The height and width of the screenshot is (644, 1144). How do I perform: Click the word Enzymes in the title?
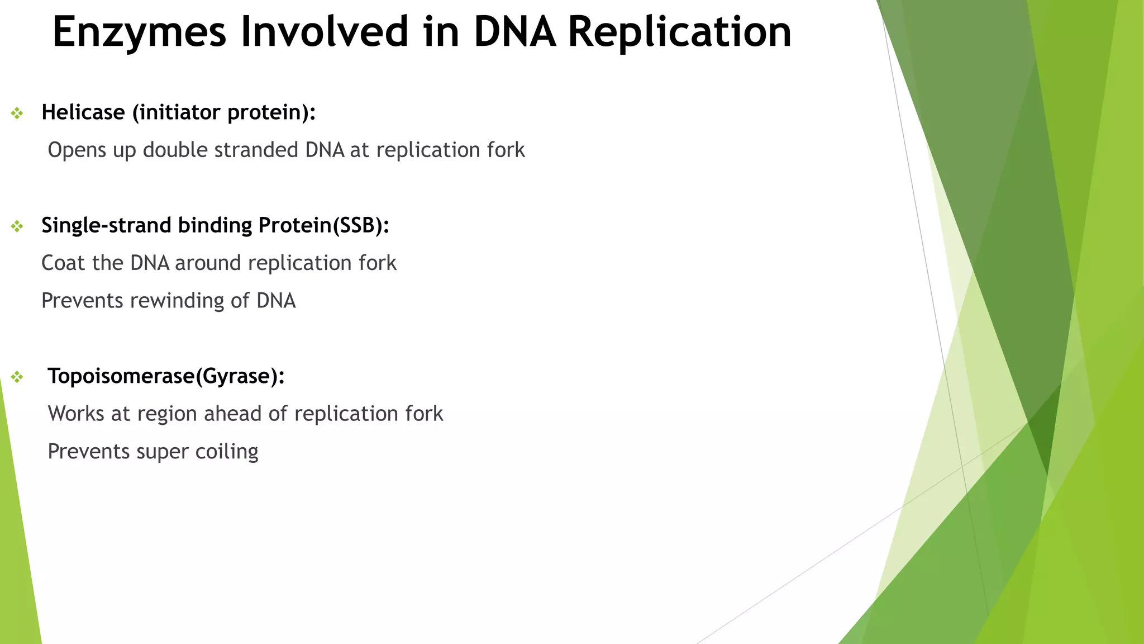139,32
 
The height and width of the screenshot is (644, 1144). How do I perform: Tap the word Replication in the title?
679,32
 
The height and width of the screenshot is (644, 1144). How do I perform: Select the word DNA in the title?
514,32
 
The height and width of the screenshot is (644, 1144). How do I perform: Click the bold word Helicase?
83,112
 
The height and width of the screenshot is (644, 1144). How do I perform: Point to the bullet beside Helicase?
17,113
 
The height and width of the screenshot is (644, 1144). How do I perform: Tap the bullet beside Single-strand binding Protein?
17,226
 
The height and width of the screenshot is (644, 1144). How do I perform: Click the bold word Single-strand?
107,225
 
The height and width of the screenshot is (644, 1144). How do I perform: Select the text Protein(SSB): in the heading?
323,225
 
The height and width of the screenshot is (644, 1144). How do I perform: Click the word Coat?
63,263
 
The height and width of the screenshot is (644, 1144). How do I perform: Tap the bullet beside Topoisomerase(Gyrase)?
17,377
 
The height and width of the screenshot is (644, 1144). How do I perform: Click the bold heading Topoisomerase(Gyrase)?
166,376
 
